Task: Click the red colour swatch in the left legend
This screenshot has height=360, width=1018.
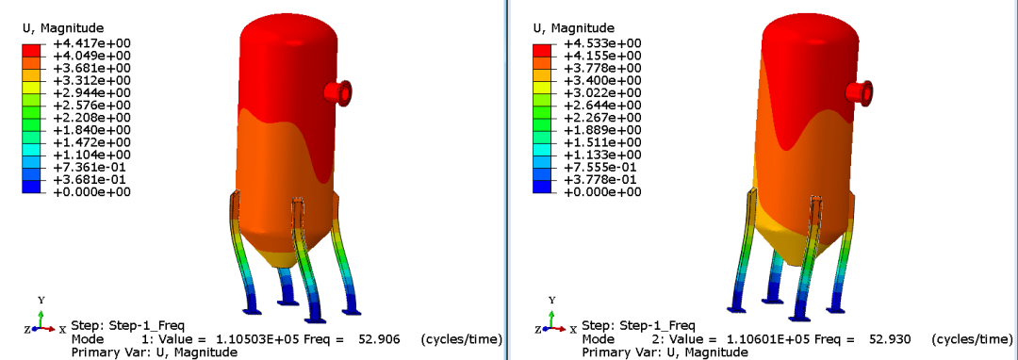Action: [x=32, y=50]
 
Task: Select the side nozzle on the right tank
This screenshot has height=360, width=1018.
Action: [x=859, y=92]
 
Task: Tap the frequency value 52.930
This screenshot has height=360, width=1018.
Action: [x=892, y=339]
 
